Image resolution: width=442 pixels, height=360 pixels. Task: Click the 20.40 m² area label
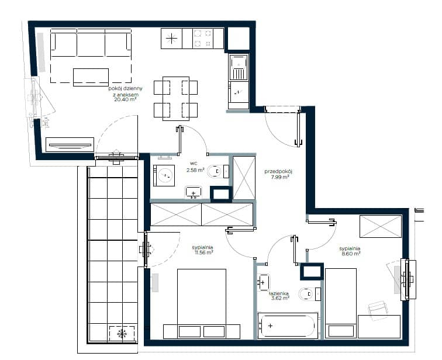tap(126, 99)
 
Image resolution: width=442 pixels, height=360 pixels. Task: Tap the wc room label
tap(194, 164)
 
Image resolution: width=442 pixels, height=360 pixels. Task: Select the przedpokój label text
tap(278, 171)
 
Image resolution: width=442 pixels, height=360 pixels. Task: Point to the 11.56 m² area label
tap(203, 252)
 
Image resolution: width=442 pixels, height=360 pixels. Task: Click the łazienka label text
tap(278, 293)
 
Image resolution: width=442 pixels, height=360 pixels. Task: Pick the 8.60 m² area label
tap(351, 254)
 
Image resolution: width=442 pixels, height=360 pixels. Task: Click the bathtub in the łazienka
tap(288, 326)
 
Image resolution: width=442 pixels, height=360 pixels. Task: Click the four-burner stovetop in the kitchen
tap(203, 39)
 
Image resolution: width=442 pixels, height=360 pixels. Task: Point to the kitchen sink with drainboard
tap(239, 68)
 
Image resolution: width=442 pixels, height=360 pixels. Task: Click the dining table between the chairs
tap(176, 99)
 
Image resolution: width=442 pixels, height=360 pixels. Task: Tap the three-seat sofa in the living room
tap(91, 43)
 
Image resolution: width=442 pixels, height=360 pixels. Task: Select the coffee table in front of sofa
tap(91, 77)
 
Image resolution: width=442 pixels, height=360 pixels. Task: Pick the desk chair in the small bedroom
tap(378, 310)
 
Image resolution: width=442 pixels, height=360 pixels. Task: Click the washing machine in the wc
tap(164, 175)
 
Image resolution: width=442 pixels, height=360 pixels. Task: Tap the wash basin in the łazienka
tap(263, 282)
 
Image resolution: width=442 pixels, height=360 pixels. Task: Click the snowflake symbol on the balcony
tap(122, 334)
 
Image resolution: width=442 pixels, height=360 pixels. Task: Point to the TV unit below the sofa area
tap(70, 145)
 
